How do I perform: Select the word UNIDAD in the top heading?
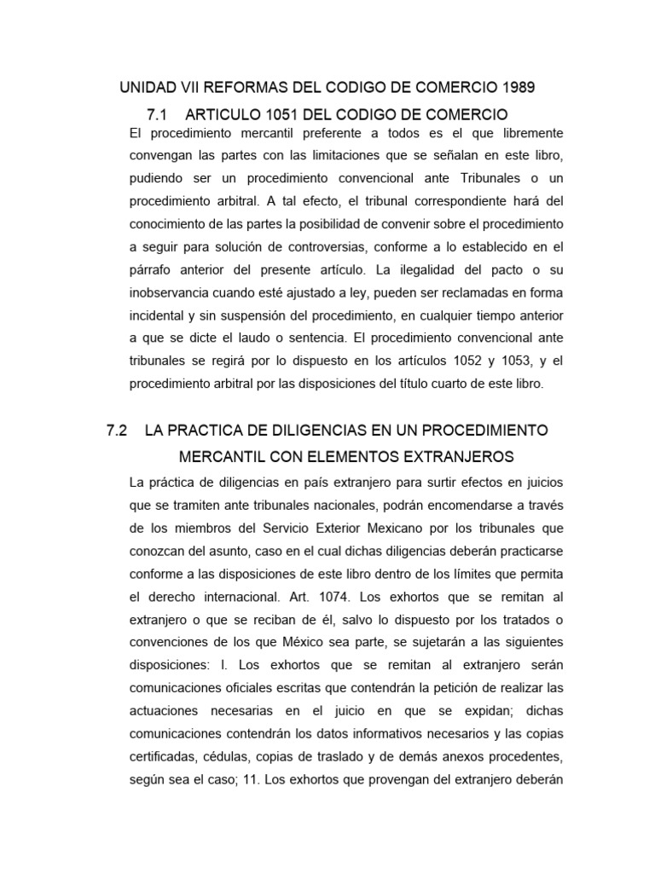147,88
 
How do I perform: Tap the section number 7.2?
117,431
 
